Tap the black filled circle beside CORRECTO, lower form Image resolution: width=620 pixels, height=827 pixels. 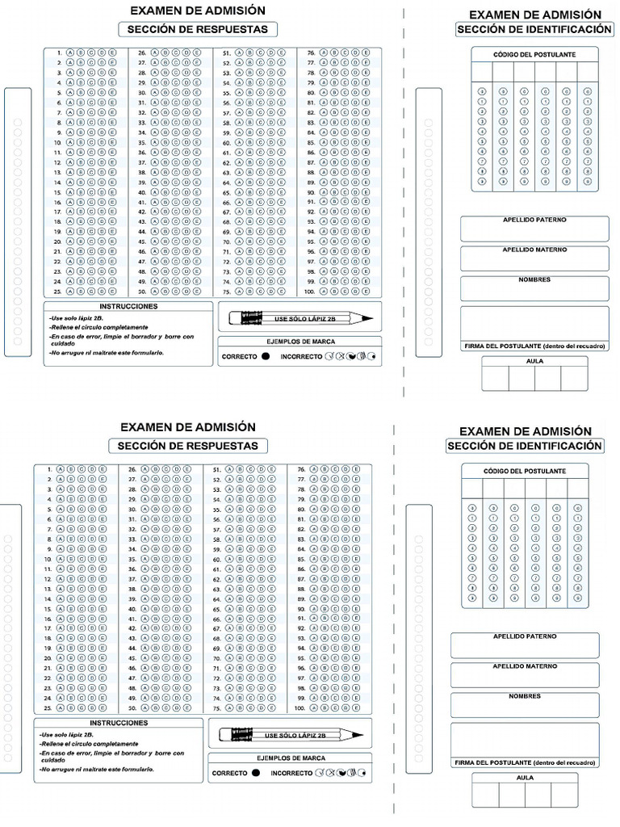[x=255, y=773]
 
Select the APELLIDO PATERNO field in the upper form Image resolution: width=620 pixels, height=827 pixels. [x=534, y=229]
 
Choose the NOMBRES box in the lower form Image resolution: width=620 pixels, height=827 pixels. [x=525, y=705]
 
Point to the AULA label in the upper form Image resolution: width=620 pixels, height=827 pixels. [x=534, y=361]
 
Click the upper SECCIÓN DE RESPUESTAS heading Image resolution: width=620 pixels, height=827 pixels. [x=198, y=30]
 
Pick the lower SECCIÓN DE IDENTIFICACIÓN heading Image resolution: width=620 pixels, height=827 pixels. [x=524, y=446]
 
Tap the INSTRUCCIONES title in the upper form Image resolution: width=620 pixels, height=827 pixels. [x=128, y=307]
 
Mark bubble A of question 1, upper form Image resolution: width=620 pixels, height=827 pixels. [x=70, y=52]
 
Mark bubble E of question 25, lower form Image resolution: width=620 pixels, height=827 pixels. [x=103, y=707]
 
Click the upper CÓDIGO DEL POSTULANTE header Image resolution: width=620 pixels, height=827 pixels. [x=534, y=54]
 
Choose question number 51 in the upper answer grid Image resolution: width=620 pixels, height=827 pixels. [x=227, y=52]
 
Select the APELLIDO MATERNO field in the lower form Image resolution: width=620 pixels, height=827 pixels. [x=525, y=674]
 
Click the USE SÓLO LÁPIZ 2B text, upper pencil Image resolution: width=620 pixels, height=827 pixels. [x=305, y=319]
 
